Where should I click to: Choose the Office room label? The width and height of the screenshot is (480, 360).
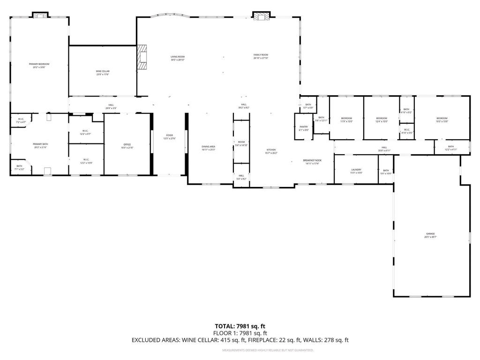(127, 146)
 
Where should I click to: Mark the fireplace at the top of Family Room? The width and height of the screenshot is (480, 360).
(262, 16)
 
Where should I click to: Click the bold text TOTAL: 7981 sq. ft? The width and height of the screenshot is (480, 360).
(240, 326)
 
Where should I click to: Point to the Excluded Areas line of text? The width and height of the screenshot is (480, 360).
(240, 340)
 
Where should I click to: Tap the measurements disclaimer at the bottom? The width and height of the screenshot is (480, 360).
(268, 350)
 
